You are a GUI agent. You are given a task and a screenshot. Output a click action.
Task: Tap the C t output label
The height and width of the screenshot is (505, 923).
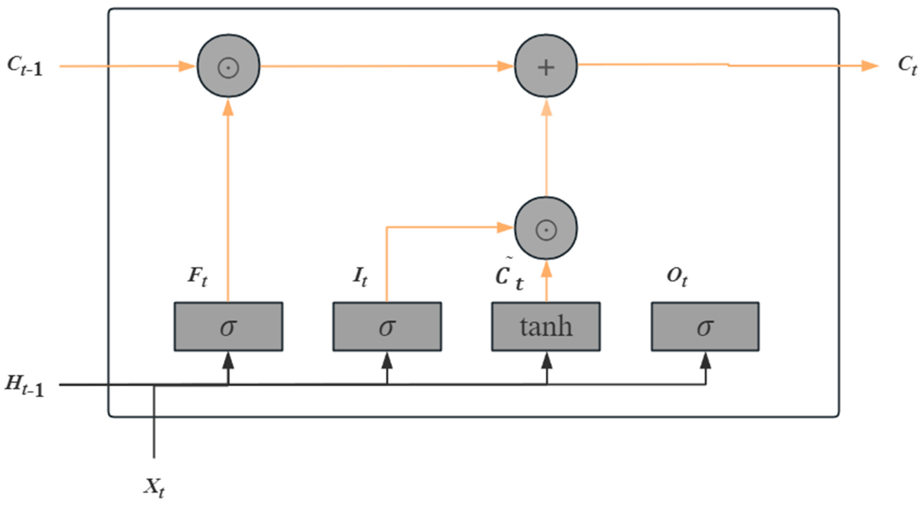pos(907,66)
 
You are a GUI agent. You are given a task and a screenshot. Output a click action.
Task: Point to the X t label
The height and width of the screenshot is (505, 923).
pos(154,488)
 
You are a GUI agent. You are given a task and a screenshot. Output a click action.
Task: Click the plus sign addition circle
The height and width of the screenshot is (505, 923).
pos(546,66)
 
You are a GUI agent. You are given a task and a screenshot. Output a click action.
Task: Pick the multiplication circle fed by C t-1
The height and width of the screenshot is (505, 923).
pos(228,66)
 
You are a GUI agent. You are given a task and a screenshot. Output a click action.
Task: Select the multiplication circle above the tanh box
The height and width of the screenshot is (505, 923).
pos(546,228)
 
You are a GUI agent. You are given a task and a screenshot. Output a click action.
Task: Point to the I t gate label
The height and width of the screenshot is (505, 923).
pos(360,277)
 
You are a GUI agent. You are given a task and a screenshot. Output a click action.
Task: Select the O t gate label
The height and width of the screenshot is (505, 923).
pos(677,277)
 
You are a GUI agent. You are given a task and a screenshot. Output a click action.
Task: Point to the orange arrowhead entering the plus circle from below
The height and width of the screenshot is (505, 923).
pos(546,107)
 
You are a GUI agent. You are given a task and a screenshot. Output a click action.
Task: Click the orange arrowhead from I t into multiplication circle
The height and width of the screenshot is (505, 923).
pos(505,227)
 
